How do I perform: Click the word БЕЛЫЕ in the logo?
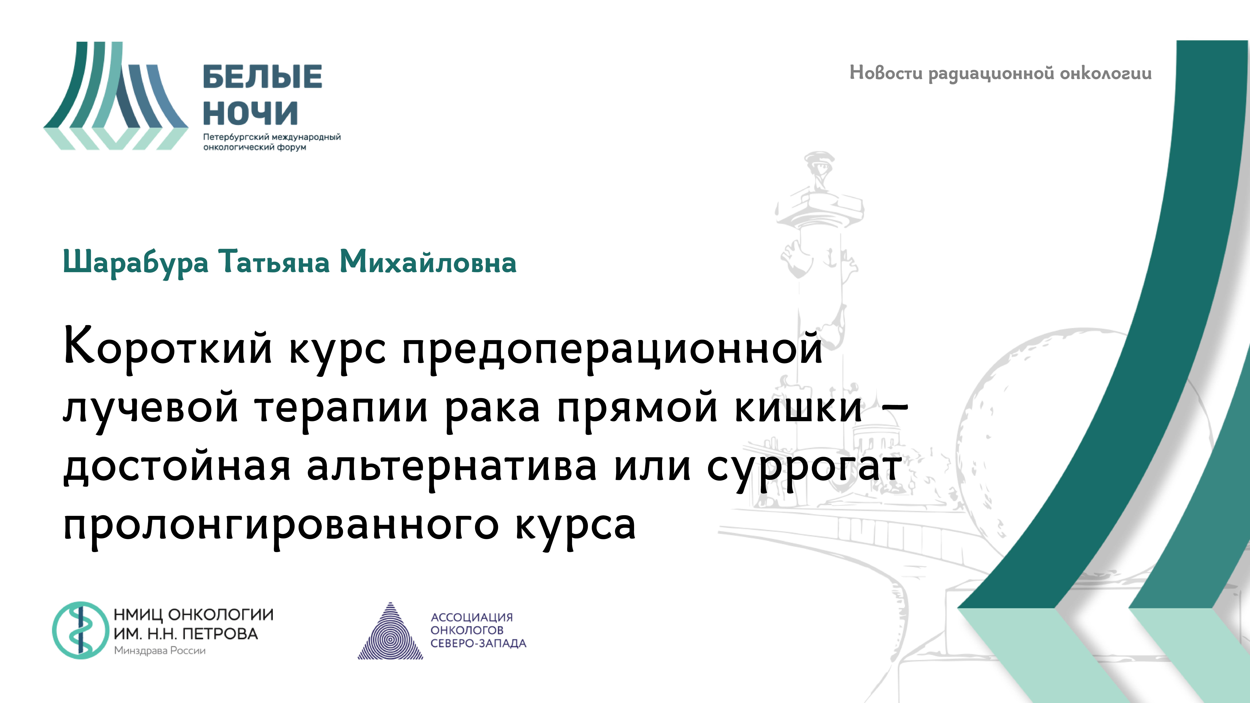click(262, 77)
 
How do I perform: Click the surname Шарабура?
click(136, 262)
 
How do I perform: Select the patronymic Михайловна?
click(428, 262)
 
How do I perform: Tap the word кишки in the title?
click(798, 406)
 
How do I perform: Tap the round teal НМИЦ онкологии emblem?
click(81, 630)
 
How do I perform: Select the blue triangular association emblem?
click(391, 633)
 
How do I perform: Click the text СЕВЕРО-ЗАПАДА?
click(478, 643)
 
